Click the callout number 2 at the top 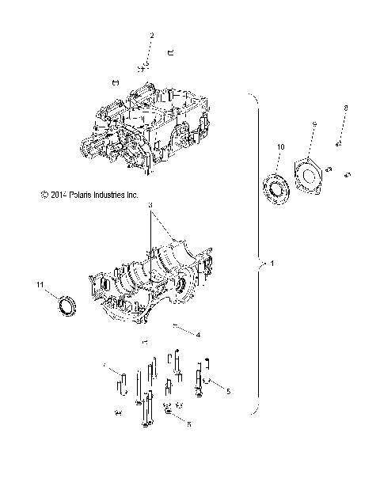pos(153,36)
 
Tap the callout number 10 pos(280,147)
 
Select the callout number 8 pos(345,107)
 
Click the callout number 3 pos(150,205)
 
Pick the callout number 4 pos(198,335)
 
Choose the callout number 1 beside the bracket pos(273,264)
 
